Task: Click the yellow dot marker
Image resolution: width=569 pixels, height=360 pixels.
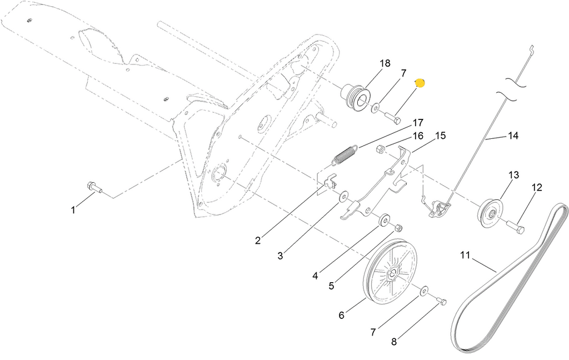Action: pos(420,83)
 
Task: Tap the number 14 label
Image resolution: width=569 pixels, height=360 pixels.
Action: pos(513,136)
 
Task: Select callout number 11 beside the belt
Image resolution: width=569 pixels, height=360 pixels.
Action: pos(465,256)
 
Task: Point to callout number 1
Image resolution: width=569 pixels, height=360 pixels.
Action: pos(73,210)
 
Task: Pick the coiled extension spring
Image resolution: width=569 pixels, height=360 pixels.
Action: pos(345,154)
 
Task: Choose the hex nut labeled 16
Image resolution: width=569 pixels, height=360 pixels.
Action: pos(381,149)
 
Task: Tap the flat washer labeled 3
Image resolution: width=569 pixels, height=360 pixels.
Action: pos(343,197)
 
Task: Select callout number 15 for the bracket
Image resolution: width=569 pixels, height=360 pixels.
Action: pos(440,135)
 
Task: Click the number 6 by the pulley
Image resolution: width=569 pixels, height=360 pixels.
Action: pos(342,316)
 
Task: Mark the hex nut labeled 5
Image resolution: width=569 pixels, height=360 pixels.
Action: pos(398,228)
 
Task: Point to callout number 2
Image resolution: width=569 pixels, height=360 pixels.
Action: pos(258,241)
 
